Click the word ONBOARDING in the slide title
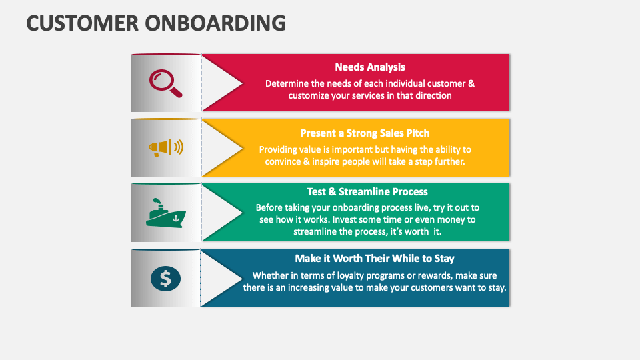click(x=217, y=23)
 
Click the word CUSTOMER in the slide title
click(x=83, y=23)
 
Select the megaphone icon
click(x=165, y=147)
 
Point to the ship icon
click(x=165, y=213)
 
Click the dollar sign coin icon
click(x=165, y=278)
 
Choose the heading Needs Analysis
click(x=370, y=67)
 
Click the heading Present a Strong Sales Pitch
click(x=365, y=133)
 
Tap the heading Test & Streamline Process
click(x=367, y=191)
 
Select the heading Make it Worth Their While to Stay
click(x=375, y=258)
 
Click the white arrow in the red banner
click(x=220, y=83)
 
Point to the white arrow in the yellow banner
click(x=220, y=147)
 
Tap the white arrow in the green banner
click(x=220, y=213)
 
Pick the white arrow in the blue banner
click(x=220, y=278)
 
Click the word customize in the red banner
click(x=311, y=95)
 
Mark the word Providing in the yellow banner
click(x=279, y=149)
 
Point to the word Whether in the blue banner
click(x=270, y=275)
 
